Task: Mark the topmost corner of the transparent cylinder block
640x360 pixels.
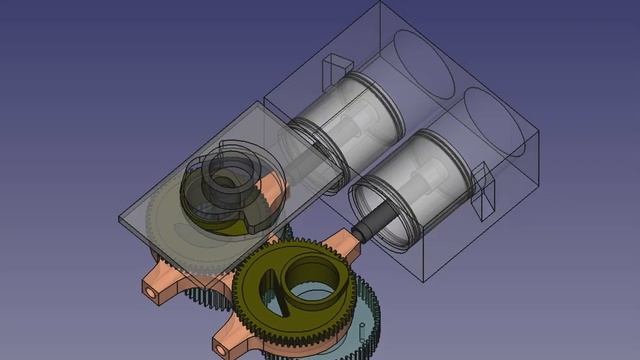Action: tap(378, 3)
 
